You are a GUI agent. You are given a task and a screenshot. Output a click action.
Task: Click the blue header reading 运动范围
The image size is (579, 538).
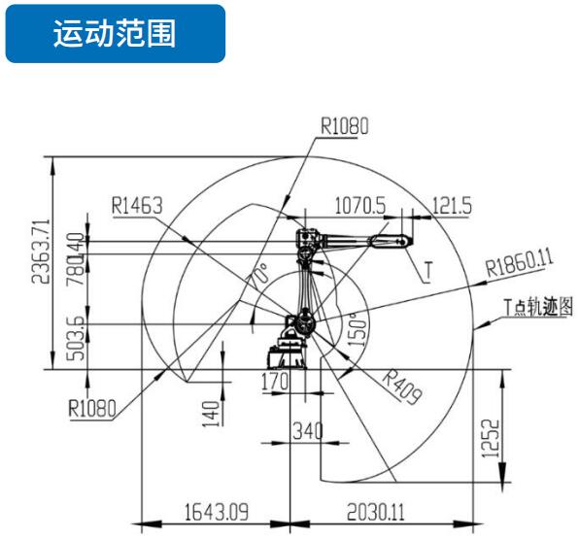click(116, 33)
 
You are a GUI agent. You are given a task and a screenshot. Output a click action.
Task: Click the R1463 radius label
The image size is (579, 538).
click(137, 206)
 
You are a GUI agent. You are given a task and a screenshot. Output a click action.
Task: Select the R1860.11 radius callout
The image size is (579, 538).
click(519, 262)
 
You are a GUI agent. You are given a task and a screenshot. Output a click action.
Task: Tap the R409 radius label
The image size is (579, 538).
click(402, 387)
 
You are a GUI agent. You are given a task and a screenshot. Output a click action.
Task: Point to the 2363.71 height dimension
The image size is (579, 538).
click(41, 252)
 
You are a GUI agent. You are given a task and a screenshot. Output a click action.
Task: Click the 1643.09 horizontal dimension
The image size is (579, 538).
click(217, 512)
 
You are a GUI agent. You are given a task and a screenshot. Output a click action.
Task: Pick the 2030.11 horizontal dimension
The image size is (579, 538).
click(376, 512)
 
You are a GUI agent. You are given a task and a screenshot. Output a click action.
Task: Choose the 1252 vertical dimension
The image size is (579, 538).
click(491, 439)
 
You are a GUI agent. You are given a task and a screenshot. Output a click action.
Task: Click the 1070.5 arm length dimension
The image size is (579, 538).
click(360, 205)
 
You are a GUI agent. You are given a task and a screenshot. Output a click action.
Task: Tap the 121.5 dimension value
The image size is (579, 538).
click(452, 205)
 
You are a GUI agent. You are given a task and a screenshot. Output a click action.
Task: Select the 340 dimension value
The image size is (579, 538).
click(308, 430)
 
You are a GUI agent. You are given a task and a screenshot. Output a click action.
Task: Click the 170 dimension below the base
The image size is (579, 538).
click(275, 382)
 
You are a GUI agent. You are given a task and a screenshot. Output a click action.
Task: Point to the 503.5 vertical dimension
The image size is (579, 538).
click(76, 338)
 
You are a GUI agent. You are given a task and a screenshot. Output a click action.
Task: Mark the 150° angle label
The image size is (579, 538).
click(358, 329)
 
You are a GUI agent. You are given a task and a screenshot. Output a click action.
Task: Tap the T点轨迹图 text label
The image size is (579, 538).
click(539, 306)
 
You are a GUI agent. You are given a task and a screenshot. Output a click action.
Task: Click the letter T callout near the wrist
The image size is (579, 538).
click(428, 271)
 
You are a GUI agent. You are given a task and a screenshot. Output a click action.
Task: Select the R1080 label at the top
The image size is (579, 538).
click(345, 126)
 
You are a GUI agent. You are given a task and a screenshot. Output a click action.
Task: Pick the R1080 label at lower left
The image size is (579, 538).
click(92, 408)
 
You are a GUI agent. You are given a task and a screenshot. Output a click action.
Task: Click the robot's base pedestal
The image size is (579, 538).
click(288, 352)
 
